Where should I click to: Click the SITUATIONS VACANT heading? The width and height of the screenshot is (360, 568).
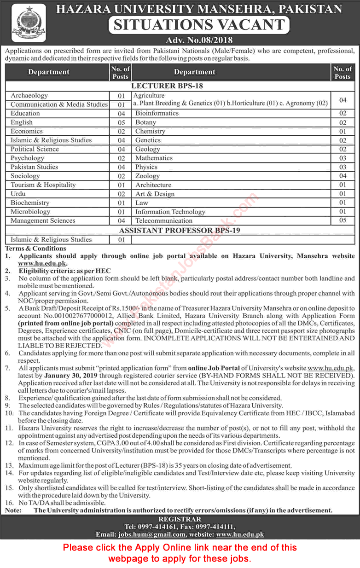[199, 25]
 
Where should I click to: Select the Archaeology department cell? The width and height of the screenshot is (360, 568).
[29, 96]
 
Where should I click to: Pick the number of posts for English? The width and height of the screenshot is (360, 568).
[121, 122]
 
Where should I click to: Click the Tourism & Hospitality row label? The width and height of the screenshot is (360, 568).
[43, 185]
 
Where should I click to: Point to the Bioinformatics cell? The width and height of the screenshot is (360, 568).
[157, 113]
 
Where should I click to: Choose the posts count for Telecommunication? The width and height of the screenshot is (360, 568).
[342, 220]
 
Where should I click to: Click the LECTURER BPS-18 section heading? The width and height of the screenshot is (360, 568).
[167, 86]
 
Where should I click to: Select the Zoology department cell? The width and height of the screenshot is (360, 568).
[147, 176]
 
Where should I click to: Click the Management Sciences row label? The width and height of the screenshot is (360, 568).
[43, 221]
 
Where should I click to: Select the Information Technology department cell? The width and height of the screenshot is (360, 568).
[170, 212]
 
